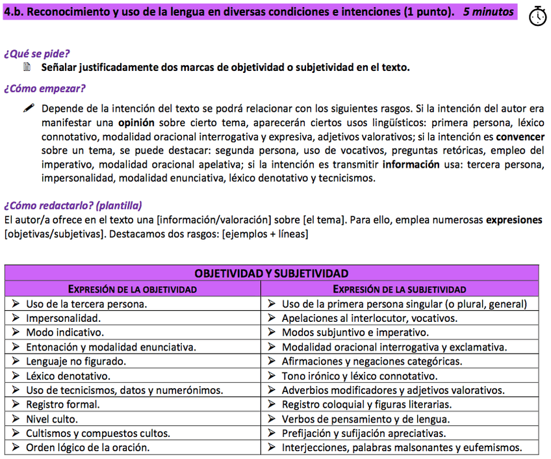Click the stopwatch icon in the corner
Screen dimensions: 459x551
[537, 16]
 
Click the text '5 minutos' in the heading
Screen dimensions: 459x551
[488, 12]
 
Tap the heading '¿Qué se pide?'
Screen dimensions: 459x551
[37, 53]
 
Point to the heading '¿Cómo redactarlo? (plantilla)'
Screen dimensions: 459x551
[73, 205]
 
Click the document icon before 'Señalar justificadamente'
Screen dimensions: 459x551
[27, 67]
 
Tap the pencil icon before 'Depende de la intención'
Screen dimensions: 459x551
[28, 109]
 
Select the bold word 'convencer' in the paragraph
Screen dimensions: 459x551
[520, 137]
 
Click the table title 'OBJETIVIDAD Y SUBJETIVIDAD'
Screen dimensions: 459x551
[272, 274]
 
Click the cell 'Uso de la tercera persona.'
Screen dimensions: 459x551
[86, 304]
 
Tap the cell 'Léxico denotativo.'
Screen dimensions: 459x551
[68, 376]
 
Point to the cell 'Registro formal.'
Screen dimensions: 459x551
[63, 404]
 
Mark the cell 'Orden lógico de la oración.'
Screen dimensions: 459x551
[88, 447]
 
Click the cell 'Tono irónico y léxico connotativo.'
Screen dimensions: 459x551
[359, 376]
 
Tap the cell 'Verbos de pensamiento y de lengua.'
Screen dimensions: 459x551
[365, 419]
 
